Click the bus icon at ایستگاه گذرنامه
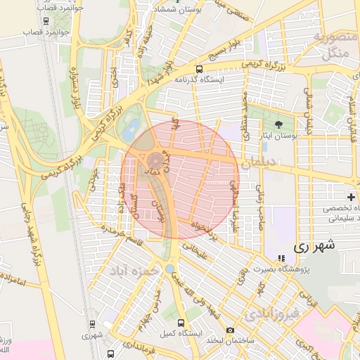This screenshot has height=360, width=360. coord(200,70)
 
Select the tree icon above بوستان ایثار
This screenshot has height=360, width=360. coord(279,124)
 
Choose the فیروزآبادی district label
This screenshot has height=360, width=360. coord(274,313)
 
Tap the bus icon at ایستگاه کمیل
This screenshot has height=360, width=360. coord(181,323)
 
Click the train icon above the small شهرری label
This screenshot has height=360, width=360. coord(92,324)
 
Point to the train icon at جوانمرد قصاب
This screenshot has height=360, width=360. coord(46,21)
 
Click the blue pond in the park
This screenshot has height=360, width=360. coord(131,128)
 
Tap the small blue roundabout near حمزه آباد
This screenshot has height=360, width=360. coord(170,269)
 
